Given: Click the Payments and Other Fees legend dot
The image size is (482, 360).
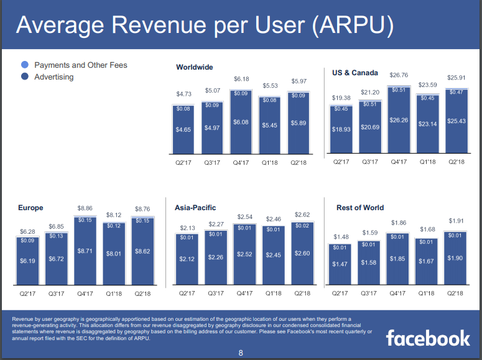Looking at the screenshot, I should click(24, 65).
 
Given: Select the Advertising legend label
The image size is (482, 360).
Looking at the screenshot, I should click(53, 77).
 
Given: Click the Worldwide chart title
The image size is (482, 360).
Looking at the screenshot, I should click(194, 67).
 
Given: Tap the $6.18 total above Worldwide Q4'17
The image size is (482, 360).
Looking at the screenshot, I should click(241, 79).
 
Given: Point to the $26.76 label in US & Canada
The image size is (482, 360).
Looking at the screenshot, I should click(398, 75).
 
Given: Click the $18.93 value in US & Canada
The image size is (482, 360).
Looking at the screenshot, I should click(341, 129).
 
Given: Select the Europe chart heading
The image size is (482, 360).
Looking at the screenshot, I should click(31, 208).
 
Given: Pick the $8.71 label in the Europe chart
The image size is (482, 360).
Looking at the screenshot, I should click(85, 251).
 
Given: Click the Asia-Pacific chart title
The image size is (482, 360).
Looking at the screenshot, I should click(195, 208).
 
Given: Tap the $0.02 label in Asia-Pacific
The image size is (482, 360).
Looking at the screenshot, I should click(302, 226).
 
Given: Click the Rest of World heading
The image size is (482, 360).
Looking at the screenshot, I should click(360, 208).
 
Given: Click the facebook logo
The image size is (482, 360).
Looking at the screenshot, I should click(428, 338).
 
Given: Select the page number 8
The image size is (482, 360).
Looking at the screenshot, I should click(241, 354).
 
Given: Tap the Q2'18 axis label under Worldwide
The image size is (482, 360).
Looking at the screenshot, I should click(299, 163).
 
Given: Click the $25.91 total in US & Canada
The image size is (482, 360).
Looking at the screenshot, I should click(457, 78).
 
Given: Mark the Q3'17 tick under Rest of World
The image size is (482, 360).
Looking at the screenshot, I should click(370, 293).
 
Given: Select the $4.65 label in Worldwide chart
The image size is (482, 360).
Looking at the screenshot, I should click(183, 129).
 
